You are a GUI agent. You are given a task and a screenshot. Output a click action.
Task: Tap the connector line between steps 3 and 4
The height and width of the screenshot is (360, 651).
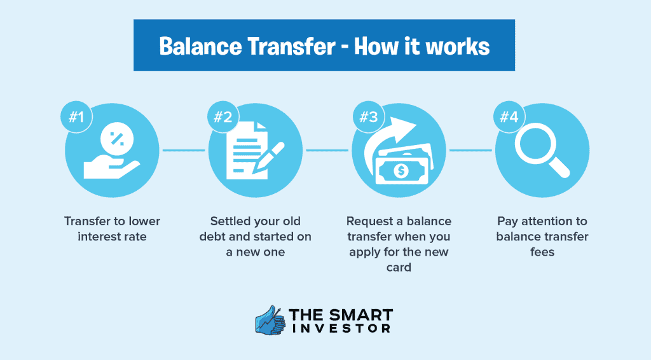[470, 151]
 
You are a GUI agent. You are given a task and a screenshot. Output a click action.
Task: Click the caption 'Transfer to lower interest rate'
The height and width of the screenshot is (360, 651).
[112, 229]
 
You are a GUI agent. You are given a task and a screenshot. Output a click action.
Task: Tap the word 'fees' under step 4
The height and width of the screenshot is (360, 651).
[542, 252]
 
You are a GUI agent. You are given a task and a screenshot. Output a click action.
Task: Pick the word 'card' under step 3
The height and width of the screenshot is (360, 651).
[399, 267]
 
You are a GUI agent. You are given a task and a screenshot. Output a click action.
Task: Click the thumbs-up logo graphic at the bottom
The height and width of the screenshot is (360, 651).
[270, 321]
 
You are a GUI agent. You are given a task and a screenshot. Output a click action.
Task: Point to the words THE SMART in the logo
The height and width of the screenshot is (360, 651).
[341, 315]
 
